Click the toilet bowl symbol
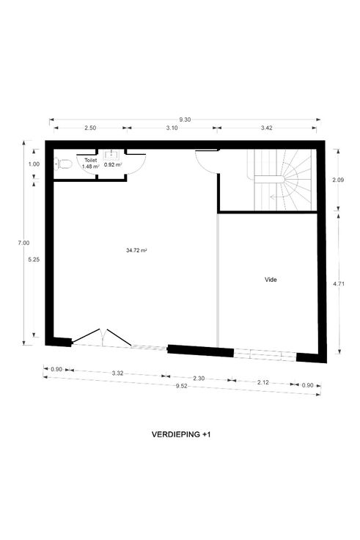(63, 164)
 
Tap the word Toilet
(90, 161)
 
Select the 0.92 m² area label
(113, 164)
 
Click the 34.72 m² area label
(136, 250)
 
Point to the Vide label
(271, 280)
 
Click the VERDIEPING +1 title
(181, 434)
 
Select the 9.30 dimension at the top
(185, 120)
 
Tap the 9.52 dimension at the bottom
(181, 386)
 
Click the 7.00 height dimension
(23, 243)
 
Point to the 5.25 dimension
(34, 260)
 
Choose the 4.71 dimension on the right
(339, 284)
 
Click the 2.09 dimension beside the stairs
(339, 180)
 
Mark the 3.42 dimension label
(266, 128)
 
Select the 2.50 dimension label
(90, 128)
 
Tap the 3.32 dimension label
(118, 373)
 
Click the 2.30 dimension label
(199, 378)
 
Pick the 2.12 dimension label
(263, 382)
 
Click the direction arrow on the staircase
(276, 197)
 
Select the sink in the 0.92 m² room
(111, 155)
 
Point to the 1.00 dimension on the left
(34, 164)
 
